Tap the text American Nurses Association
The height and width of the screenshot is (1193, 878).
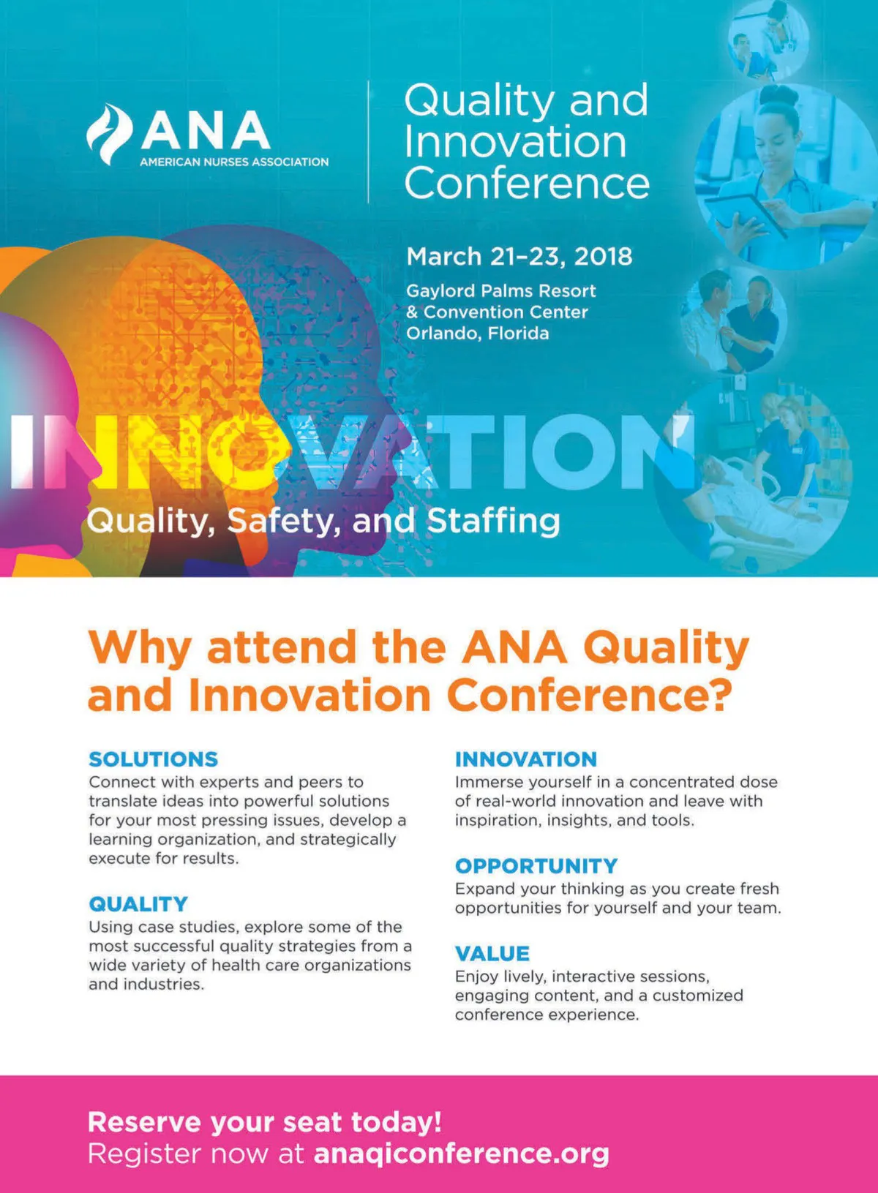234,162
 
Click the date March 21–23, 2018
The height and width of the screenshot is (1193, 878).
519,257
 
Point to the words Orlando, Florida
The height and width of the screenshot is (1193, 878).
477,334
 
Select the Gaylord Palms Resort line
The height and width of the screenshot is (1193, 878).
500,291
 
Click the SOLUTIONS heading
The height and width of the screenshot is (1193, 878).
154,759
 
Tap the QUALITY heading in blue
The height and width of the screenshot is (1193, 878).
138,904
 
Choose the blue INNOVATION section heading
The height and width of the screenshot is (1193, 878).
526,759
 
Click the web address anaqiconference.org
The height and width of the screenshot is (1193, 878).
462,1154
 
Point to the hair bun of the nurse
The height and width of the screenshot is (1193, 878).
779,97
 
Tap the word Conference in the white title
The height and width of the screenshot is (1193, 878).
527,183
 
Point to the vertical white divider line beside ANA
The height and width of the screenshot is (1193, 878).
369,142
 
